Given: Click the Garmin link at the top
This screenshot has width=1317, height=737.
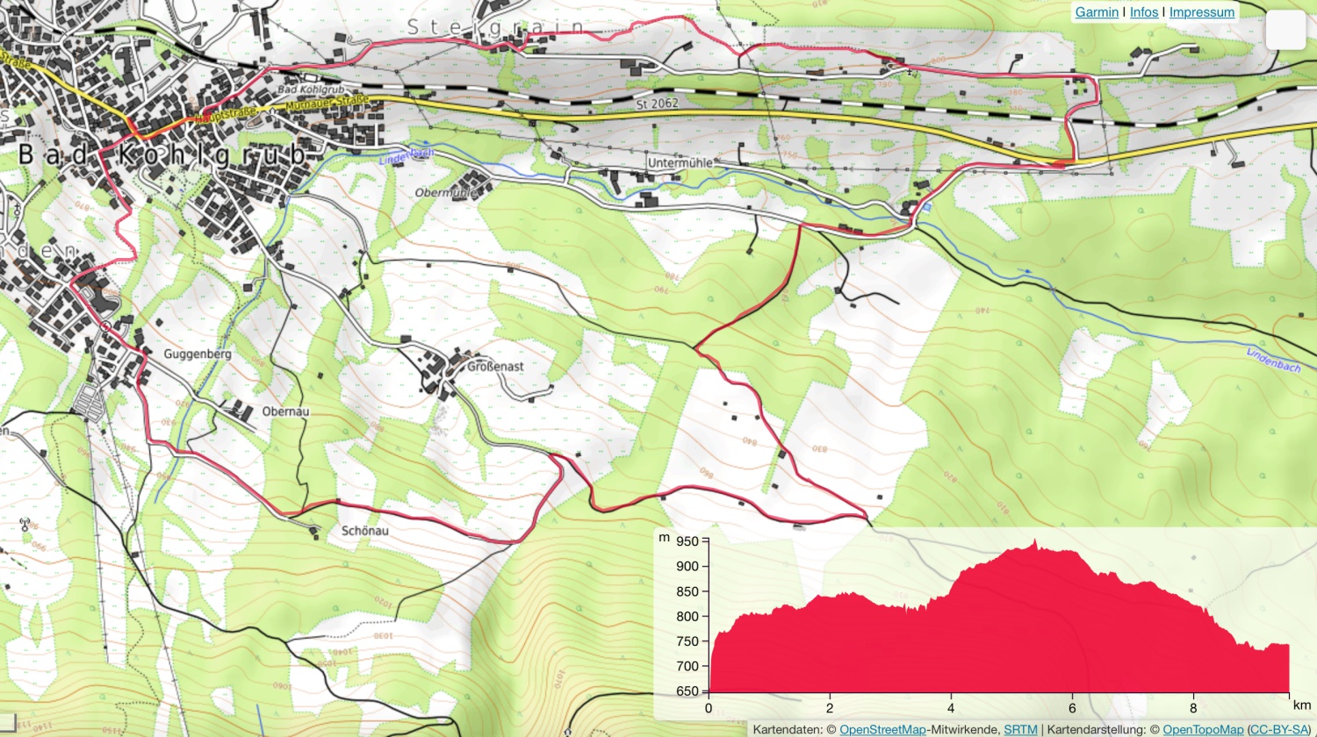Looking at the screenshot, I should pos(1097,12).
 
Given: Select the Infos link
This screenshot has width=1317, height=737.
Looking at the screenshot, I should pos(1143,12).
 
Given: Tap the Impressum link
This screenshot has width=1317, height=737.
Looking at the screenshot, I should pos(1201,12).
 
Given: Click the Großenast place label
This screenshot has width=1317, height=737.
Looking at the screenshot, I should pos(494,367).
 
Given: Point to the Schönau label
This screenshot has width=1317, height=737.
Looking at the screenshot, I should pos(364,531).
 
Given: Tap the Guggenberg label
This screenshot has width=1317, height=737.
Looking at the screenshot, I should pos(198,354).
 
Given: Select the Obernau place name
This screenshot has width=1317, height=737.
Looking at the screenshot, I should pos(285,411).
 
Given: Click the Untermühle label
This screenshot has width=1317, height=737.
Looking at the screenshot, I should pos(680,163).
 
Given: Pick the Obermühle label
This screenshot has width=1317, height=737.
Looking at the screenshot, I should pos(446,193).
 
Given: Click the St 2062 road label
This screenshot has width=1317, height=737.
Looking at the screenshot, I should pos(658,104).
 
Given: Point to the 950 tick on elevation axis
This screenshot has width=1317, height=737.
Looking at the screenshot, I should pos(687,541).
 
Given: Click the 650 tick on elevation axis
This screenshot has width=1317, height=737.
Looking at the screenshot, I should pos(687,691).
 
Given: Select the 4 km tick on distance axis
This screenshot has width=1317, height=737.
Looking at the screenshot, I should pos(951,708).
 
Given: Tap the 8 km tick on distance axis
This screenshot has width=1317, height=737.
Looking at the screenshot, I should pos(1193,708).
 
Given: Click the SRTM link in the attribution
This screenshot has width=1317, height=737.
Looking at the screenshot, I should pos(1020,730).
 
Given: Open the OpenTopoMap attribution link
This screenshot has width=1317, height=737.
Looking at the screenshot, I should pos(1203,730).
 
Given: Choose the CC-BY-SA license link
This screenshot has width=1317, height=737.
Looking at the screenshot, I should pos(1278,730).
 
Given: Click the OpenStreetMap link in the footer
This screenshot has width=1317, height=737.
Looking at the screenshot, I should pos(882,730).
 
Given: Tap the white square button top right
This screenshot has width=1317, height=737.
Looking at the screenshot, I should pos(1285,31).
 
